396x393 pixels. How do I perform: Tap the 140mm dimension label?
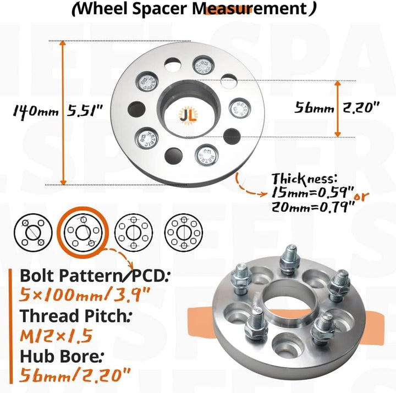pyautogui.click(x=36, y=111)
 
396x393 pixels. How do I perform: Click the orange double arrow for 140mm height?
pyautogui.click(x=63, y=113)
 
